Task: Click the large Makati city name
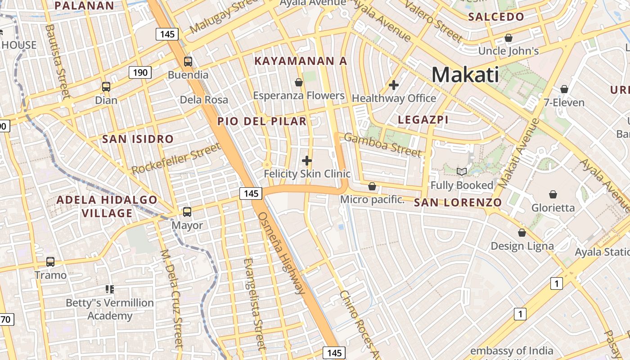(465, 75)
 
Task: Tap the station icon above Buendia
(188, 62)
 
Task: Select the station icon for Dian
(106, 87)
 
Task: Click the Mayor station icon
(187, 211)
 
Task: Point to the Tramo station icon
(50, 261)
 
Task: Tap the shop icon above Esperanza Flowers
(298, 82)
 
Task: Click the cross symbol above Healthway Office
(394, 85)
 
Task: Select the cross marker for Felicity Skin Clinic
(307, 160)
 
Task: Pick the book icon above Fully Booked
(462, 171)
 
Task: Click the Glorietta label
(553, 208)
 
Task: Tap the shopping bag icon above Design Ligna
(522, 233)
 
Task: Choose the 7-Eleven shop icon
(564, 89)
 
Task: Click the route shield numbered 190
(140, 72)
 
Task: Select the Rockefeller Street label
(176, 158)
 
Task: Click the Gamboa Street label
(383, 144)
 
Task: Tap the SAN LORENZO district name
(458, 202)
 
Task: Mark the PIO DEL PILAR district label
(262, 121)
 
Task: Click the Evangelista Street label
(252, 304)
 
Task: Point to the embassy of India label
(512, 351)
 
